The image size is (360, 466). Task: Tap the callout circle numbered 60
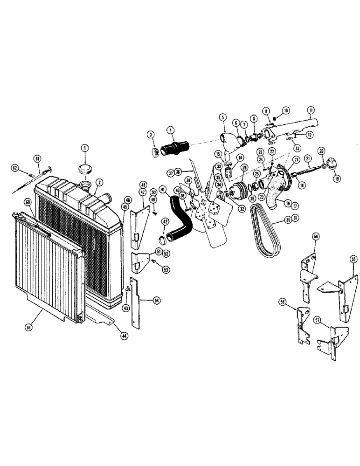tap(28, 202)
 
